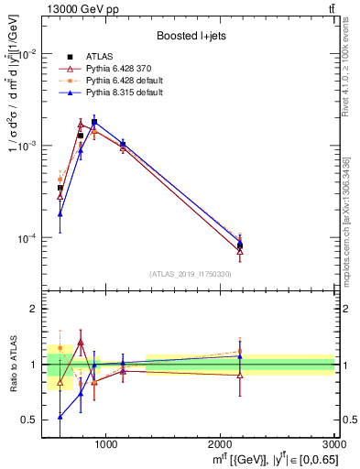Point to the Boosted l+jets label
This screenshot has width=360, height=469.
[x=190, y=37]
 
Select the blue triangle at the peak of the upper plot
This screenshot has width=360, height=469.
[x=94, y=122]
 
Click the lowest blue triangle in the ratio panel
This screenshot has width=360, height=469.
[x=60, y=416]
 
